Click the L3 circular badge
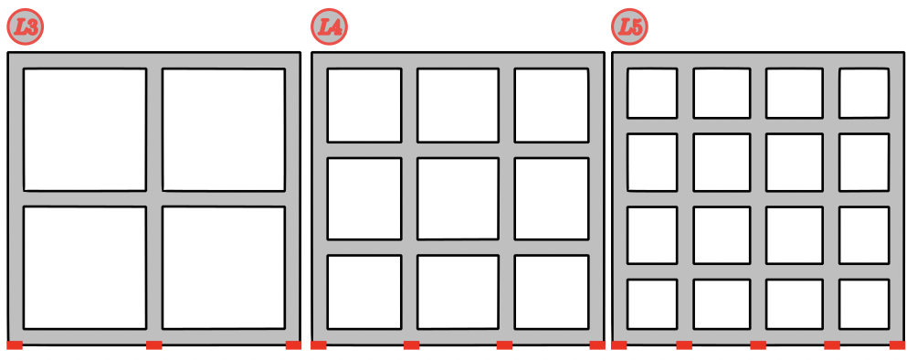click(26, 26)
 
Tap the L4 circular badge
click(329, 26)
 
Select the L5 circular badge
click(630, 26)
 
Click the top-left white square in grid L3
click(85, 130)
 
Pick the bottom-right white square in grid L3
click(224, 268)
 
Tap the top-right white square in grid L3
click(224, 130)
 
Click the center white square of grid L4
click(458, 198)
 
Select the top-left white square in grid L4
click(364, 105)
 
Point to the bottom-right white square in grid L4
click(552, 292)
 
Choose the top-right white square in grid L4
click(552, 105)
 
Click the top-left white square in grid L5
click(652, 93)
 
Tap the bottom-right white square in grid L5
click(864, 304)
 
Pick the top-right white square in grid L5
click(864, 93)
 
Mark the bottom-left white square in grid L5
click(652, 304)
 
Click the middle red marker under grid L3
click(153, 345)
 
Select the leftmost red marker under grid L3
click(15, 345)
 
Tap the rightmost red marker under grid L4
click(597, 345)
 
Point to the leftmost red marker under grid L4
click(319, 345)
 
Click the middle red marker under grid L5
click(758, 345)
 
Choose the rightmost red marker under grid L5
click(897, 345)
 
